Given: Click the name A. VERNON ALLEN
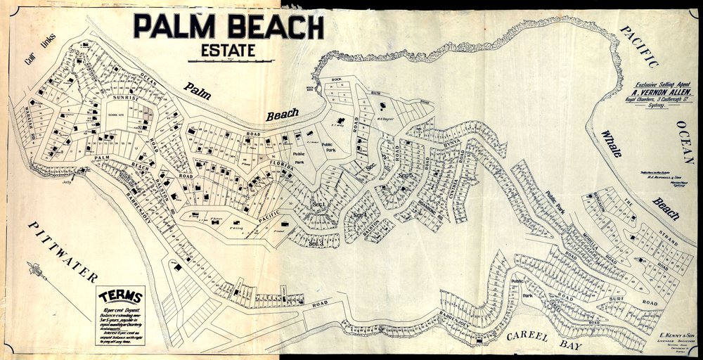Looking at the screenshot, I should coord(658,91).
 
